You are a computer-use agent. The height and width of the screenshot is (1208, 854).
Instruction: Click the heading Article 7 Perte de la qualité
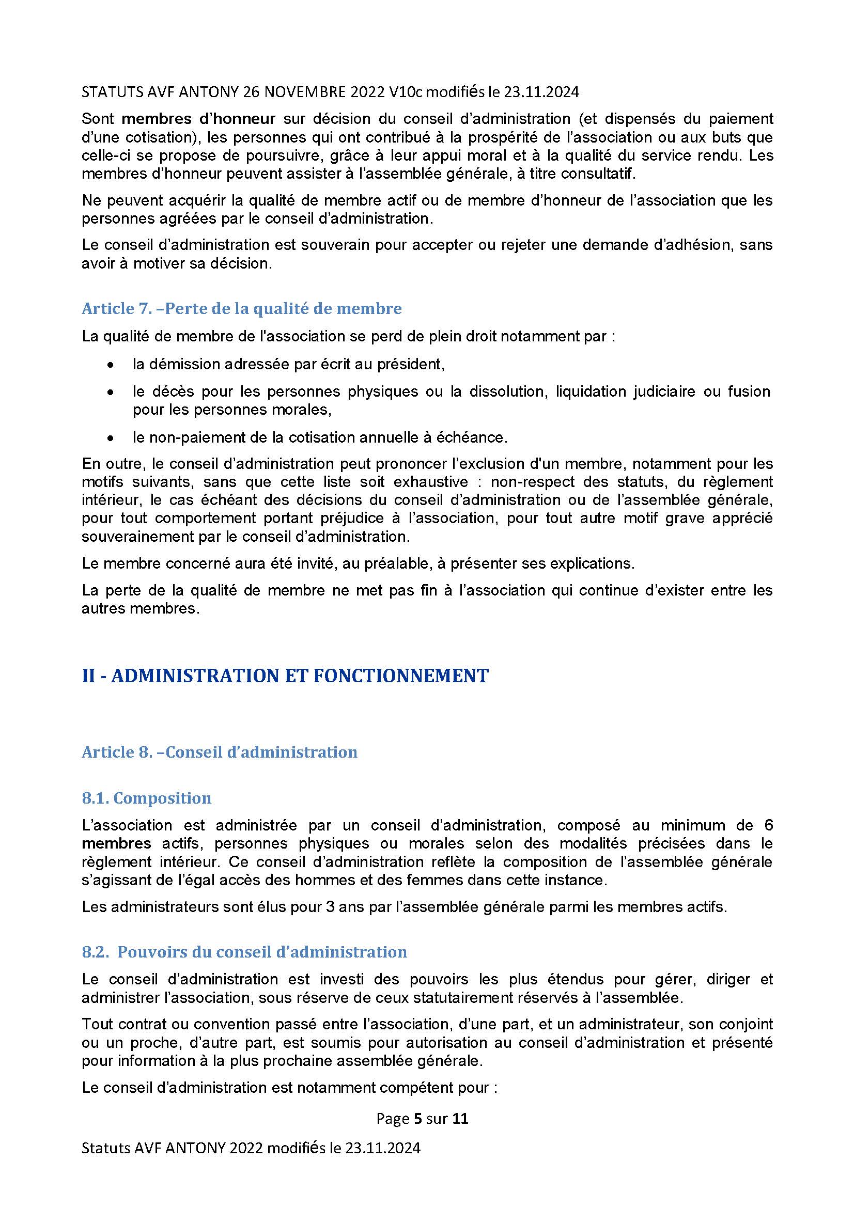(241, 308)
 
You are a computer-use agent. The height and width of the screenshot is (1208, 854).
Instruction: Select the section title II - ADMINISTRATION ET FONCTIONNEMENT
(285, 676)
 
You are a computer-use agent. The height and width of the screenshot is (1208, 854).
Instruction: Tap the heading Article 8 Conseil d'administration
(220, 752)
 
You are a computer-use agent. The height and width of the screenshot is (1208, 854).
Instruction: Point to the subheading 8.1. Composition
(146, 798)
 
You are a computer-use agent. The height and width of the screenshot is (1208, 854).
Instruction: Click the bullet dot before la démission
(110, 365)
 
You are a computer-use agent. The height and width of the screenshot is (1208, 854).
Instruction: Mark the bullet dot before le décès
(110, 392)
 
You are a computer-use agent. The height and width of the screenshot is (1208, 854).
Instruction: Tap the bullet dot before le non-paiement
(110, 438)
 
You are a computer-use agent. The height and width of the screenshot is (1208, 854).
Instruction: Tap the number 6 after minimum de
(768, 825)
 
